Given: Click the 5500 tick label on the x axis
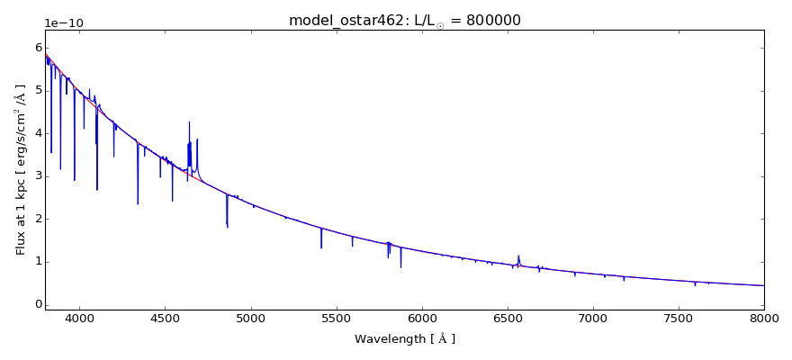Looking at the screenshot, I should point(336,319).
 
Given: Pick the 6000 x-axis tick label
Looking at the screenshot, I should point(421,319).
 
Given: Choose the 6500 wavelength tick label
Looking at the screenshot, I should point(507,319).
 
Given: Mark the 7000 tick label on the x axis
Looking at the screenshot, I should point(593,319).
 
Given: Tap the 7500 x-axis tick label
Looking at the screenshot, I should point(679,319).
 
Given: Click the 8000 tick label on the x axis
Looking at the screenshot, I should point(763,319).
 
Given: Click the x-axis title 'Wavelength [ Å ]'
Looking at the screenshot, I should point(404,339).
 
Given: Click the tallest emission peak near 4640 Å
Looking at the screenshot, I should point(189,122).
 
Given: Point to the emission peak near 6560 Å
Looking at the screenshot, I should point(518,256).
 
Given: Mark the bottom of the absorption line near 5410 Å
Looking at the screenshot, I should point(321,247).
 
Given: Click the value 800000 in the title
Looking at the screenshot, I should point(491,21).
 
